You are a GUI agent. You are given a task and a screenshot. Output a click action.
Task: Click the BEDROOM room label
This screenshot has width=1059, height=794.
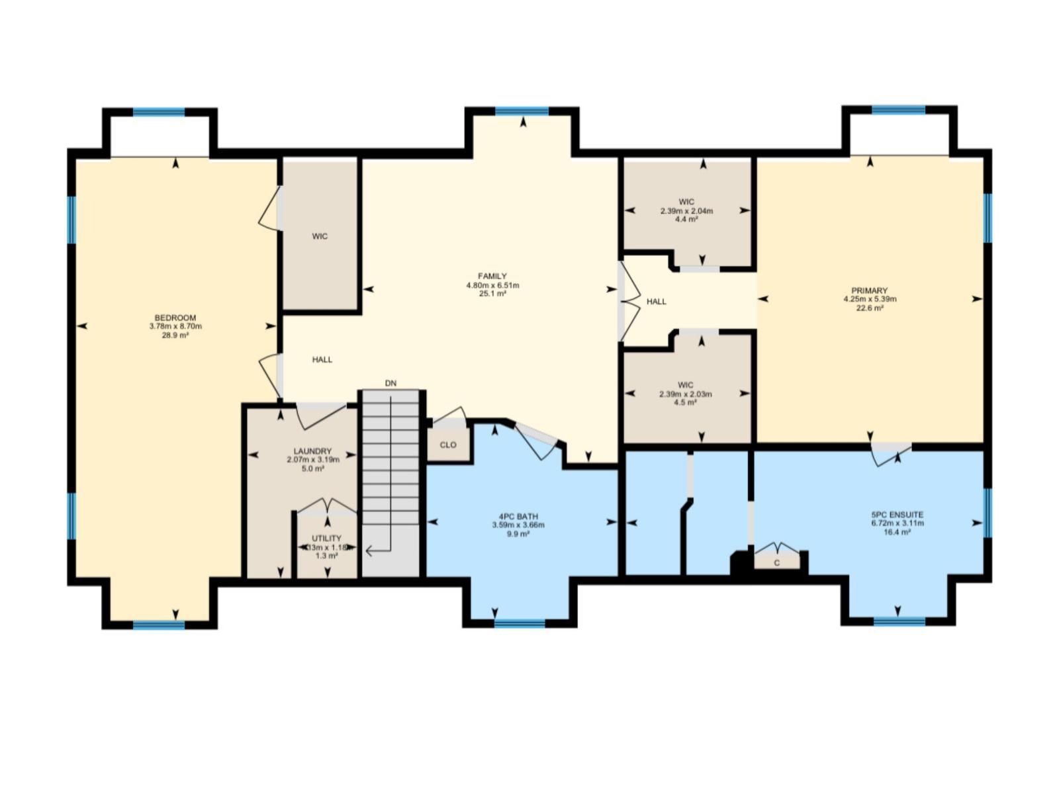pyautogui.click(x=175, y=318)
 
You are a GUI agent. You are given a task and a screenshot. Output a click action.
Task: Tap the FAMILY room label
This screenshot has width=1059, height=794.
pyautogui.click(x=492, y=277)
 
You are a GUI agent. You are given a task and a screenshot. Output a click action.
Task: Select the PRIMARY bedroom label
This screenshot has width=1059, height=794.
pyautogui.click(x=870, y=290)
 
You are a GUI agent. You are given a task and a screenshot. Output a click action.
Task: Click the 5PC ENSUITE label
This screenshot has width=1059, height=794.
pyautogui.click(x=898, y=514)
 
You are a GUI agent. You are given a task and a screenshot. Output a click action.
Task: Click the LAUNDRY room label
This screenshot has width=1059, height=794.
pyautogui.click(x=312, y=451)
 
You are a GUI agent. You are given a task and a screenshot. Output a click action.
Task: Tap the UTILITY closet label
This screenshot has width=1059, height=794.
pyautogui.click(x=326, y=539)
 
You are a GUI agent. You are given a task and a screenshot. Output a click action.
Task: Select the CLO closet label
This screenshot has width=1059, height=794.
pyautogui.click(x=448, y=445)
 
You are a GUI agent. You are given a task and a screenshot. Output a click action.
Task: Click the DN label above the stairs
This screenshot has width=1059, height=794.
pyautogui.click(x=391, y=383)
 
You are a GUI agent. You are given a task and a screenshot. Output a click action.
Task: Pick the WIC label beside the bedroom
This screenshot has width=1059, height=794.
pyautogui.click(x=320, y=236)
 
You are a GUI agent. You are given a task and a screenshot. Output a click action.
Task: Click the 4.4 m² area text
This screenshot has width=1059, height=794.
pyautogui.click(x=686, y=219)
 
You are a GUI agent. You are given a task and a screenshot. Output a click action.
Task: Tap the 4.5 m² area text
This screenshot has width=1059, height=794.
pyautogui.click(x=686, y=402)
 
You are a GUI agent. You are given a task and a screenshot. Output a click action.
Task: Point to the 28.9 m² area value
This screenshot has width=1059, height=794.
pyautogui.click(x=175, y=335)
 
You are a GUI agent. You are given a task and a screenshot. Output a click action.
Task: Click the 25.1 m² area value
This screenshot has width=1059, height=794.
pyautogui.click(x=492, y=293)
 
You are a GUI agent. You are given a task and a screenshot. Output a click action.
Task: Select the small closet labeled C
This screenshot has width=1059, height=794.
pyautogui.click(x=777, y=562)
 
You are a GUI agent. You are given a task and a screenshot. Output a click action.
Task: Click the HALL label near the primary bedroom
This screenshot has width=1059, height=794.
pyautogui.click(x=657, y=302)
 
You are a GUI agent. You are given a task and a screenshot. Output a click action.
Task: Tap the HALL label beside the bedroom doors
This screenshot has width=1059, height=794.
pyautogui.click(x=322, y=359)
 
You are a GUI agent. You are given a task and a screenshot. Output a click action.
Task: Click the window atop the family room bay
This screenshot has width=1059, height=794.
pyautogui.click(x=522, y=111)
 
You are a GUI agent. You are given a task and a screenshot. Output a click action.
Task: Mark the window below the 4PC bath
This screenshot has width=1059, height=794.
pyautogui.click(x=520, y=623)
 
